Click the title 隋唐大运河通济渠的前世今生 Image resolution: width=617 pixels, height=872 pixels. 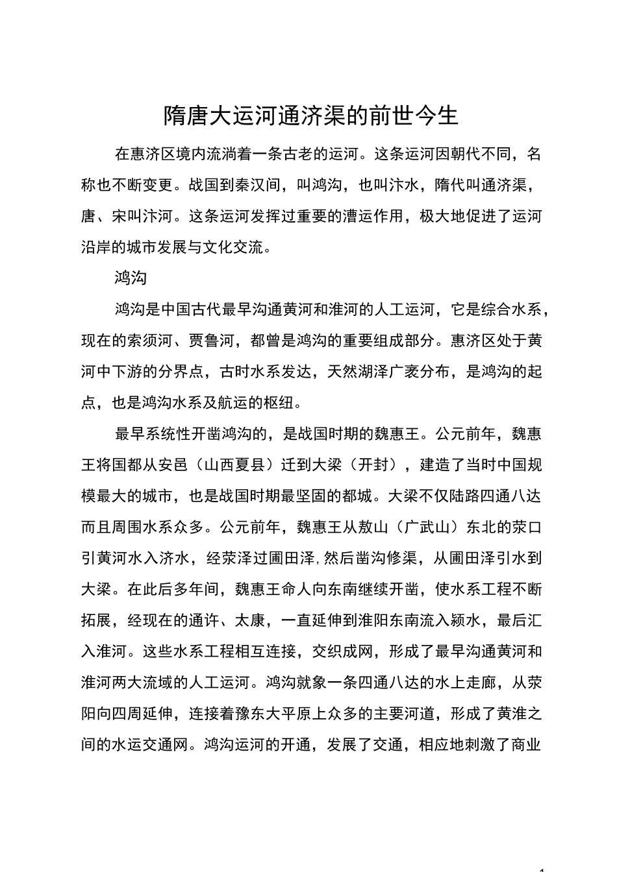[311, 116]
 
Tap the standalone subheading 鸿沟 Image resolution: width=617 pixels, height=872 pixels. [131, 278]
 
